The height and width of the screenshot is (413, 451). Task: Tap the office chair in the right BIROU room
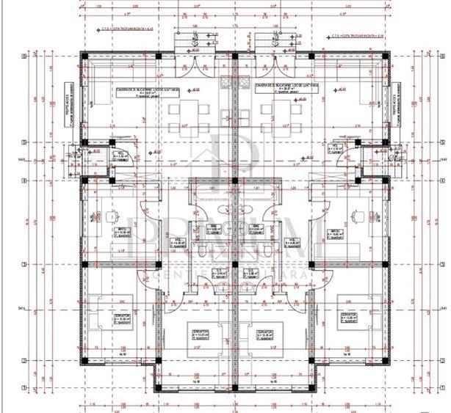click(358, 216)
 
